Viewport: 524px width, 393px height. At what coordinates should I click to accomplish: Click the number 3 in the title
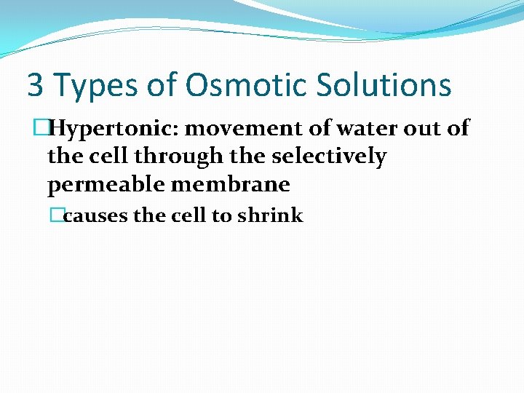click(35, 85)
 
